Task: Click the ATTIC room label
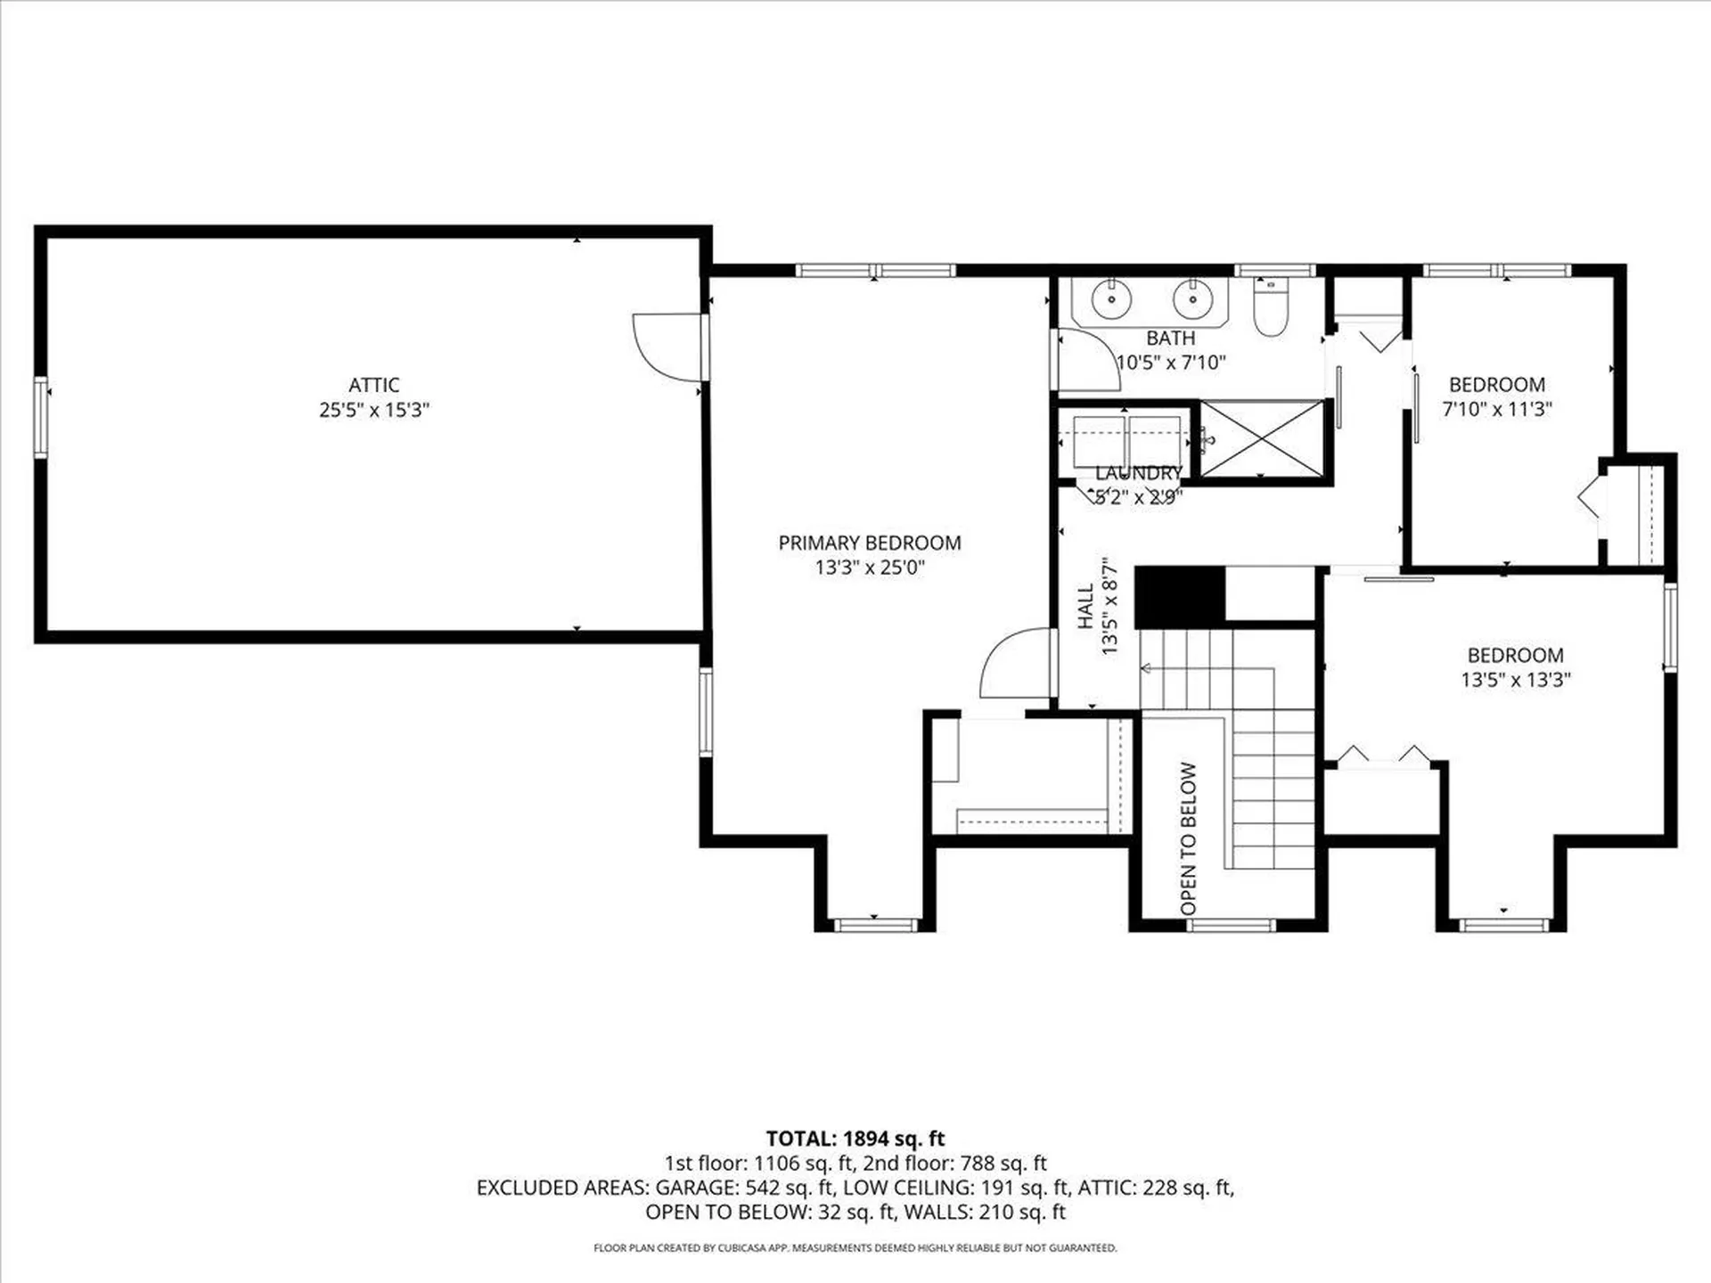373,385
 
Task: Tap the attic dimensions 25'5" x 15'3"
374,410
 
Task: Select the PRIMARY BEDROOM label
870,543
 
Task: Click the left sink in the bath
1111,298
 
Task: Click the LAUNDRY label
1138,473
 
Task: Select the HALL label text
1085,606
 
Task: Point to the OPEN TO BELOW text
1188,838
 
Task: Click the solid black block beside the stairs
1181,596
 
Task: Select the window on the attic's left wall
41,417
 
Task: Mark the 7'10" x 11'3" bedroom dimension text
1497,409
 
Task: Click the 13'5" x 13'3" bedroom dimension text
1515,679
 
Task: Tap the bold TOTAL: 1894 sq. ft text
855,1138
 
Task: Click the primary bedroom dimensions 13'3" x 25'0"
870,568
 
